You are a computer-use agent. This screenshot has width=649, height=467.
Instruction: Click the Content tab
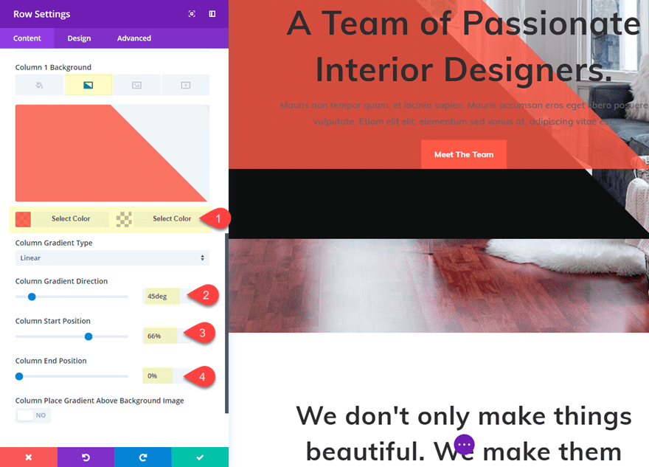pos(27,38)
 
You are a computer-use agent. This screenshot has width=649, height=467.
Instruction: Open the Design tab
pos(79,38)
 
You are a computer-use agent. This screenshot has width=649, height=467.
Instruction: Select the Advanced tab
pos(134,38)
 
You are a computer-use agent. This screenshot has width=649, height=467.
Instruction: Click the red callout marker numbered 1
pos(216,218)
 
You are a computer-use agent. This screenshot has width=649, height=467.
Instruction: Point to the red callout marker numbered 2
pos(205,296)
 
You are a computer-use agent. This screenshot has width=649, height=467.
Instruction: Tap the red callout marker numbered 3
pos(202,333)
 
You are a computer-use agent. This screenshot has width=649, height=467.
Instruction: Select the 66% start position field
pos(159,336)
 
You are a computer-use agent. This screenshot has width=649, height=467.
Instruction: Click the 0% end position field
pos(157,376)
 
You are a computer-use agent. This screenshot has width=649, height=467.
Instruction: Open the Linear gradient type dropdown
pos(112,258)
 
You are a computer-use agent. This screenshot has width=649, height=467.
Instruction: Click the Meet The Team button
pos(464,154)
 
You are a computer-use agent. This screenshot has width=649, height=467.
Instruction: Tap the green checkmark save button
pos(200,457)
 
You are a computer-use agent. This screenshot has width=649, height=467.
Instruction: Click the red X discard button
pos(28,457)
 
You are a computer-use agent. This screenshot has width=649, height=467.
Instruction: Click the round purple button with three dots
pos(464,445)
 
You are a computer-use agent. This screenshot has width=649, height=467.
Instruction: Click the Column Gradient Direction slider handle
pos(32,297)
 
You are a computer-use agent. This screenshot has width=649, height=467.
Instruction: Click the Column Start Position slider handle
pos(88,336)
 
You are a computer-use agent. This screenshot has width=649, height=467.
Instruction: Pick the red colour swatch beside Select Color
pos(23,219)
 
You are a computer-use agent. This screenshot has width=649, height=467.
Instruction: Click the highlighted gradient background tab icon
pos(88,86)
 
